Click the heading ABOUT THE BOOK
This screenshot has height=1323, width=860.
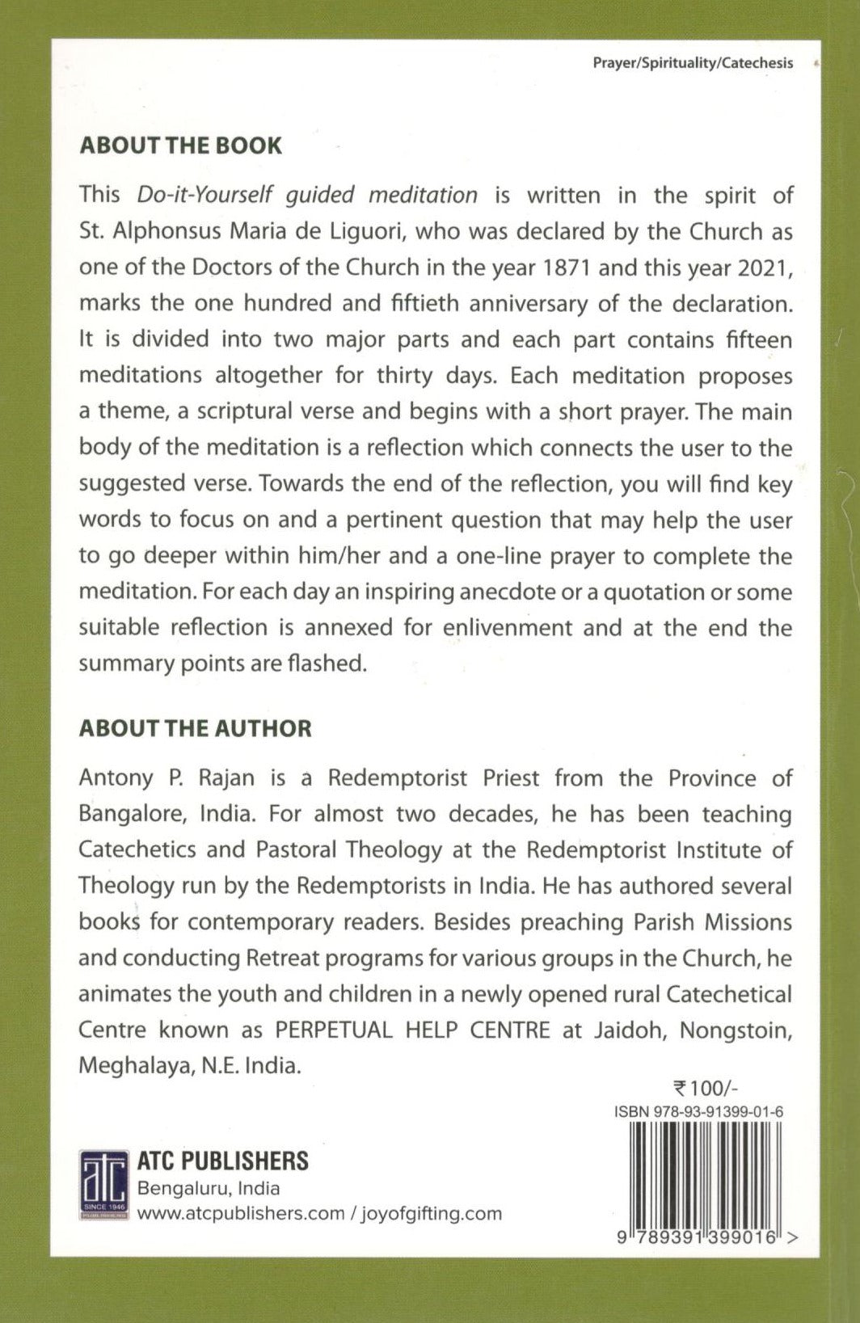(x=180, y=145)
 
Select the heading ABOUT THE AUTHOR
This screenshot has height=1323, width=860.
(x=195, y=728)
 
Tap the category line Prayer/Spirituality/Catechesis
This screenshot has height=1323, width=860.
(x=693, y=63)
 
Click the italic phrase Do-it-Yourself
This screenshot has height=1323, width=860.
(x=205, y=195)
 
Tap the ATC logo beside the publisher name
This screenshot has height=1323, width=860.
(x=104, y=1185)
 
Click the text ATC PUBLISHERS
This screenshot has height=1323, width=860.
(x=222, y=1161)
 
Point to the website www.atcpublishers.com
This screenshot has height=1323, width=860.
(x=240, y=1213)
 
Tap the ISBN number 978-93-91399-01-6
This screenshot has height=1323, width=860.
(x=698, y=1111)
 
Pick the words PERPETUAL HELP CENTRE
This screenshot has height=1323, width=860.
(x=412, y=1030)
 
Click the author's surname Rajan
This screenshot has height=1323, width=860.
(x=222, y=778)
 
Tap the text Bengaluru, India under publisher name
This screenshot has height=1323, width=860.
(x=209, y=1188)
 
